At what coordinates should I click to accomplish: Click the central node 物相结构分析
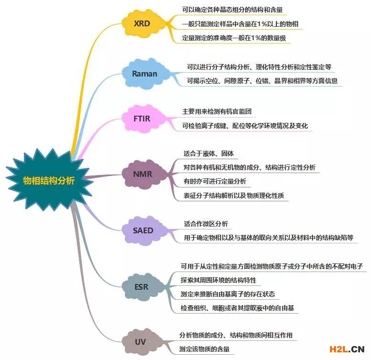point(49,180)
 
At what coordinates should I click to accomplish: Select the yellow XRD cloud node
point(142,22)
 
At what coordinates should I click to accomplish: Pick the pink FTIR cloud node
point(142,118)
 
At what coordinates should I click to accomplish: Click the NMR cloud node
point(143,174)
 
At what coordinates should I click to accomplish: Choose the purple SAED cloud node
point(143,230)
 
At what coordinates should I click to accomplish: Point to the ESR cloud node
point(142,287)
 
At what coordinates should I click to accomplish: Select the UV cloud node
point(140,342)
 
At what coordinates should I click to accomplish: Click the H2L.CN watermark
point(342,349)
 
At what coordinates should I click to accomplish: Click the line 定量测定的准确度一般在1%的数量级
point(234,38)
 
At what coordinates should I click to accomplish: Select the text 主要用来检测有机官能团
point(217,111)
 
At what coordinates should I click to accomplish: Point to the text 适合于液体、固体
point(208,154)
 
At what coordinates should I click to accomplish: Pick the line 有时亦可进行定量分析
point(215,181)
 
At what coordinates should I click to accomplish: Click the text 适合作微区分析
point(206,224)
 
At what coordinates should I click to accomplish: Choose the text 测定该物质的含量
point(204,349)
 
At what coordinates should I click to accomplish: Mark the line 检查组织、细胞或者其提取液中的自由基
point(239,307)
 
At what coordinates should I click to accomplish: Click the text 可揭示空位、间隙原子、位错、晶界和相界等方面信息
point(262,80)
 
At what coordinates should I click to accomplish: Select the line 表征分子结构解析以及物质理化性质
point(235,195)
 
